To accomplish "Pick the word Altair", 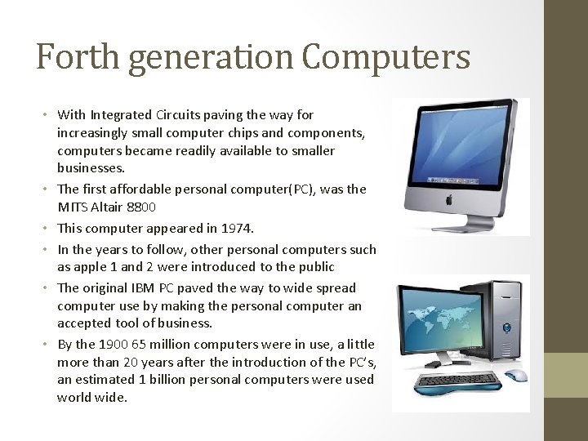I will point(108,207).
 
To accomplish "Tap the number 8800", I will point(142,207).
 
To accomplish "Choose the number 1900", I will point(114,345).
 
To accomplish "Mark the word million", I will point(172,345).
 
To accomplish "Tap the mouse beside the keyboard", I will point(515,375).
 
